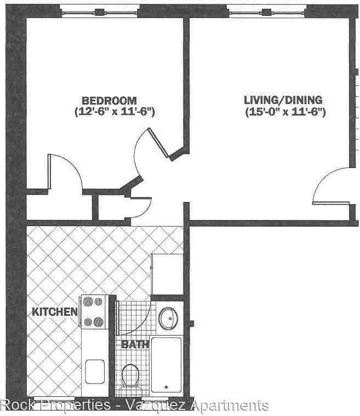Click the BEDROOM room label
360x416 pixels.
point(109,101)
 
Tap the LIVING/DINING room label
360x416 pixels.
point(283,101)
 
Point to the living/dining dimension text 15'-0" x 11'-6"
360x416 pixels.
point(285,113)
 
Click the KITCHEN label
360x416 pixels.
point(54,312)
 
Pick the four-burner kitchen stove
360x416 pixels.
point(94,312)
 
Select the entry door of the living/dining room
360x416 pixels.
point(331,189)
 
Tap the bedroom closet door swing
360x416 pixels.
point(63,172)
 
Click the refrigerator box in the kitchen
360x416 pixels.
point(167,274)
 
